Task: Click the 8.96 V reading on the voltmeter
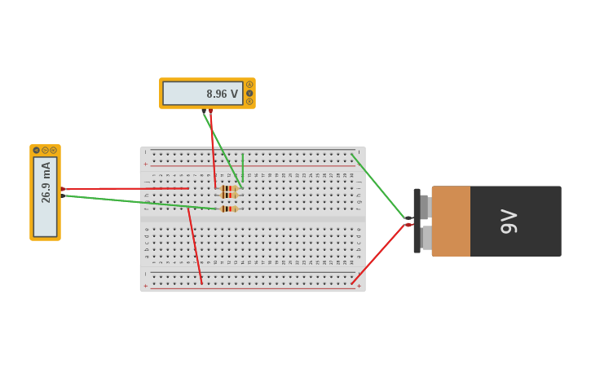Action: pyautogui.click(x=222, y=94)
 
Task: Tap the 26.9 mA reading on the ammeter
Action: pyautogui.click(x=46, y=182)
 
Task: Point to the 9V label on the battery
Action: pyautogui.click(x=509, y=221)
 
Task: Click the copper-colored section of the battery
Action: pyautogui.click(x=451, y=221)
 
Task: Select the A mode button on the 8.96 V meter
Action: pyautogui.click(x=249, y=85)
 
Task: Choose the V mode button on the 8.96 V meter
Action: pyautogui.click(x=249, y=93)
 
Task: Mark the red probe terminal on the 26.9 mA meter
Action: pyautogui.click(x=63, y=189)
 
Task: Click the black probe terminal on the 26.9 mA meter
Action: pyautogui.click(x=63, y=195)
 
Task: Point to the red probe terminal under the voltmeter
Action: pyautogui.click(x=210, y=111)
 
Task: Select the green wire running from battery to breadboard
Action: pyautogui.click(x=379, y=187)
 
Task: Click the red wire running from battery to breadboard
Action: pyautogui.click(x=379, y=253)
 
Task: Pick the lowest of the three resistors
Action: pyautogui.click(x=229, y=209)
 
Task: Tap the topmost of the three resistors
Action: pyautogui.click(x=229, y=188)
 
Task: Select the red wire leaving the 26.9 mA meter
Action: pyautogui.click(x=122, y=188)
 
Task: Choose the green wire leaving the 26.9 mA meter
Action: pyautogui.click(x=139, y=202)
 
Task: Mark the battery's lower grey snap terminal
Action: pyautogui.click(x=426, y=237)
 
